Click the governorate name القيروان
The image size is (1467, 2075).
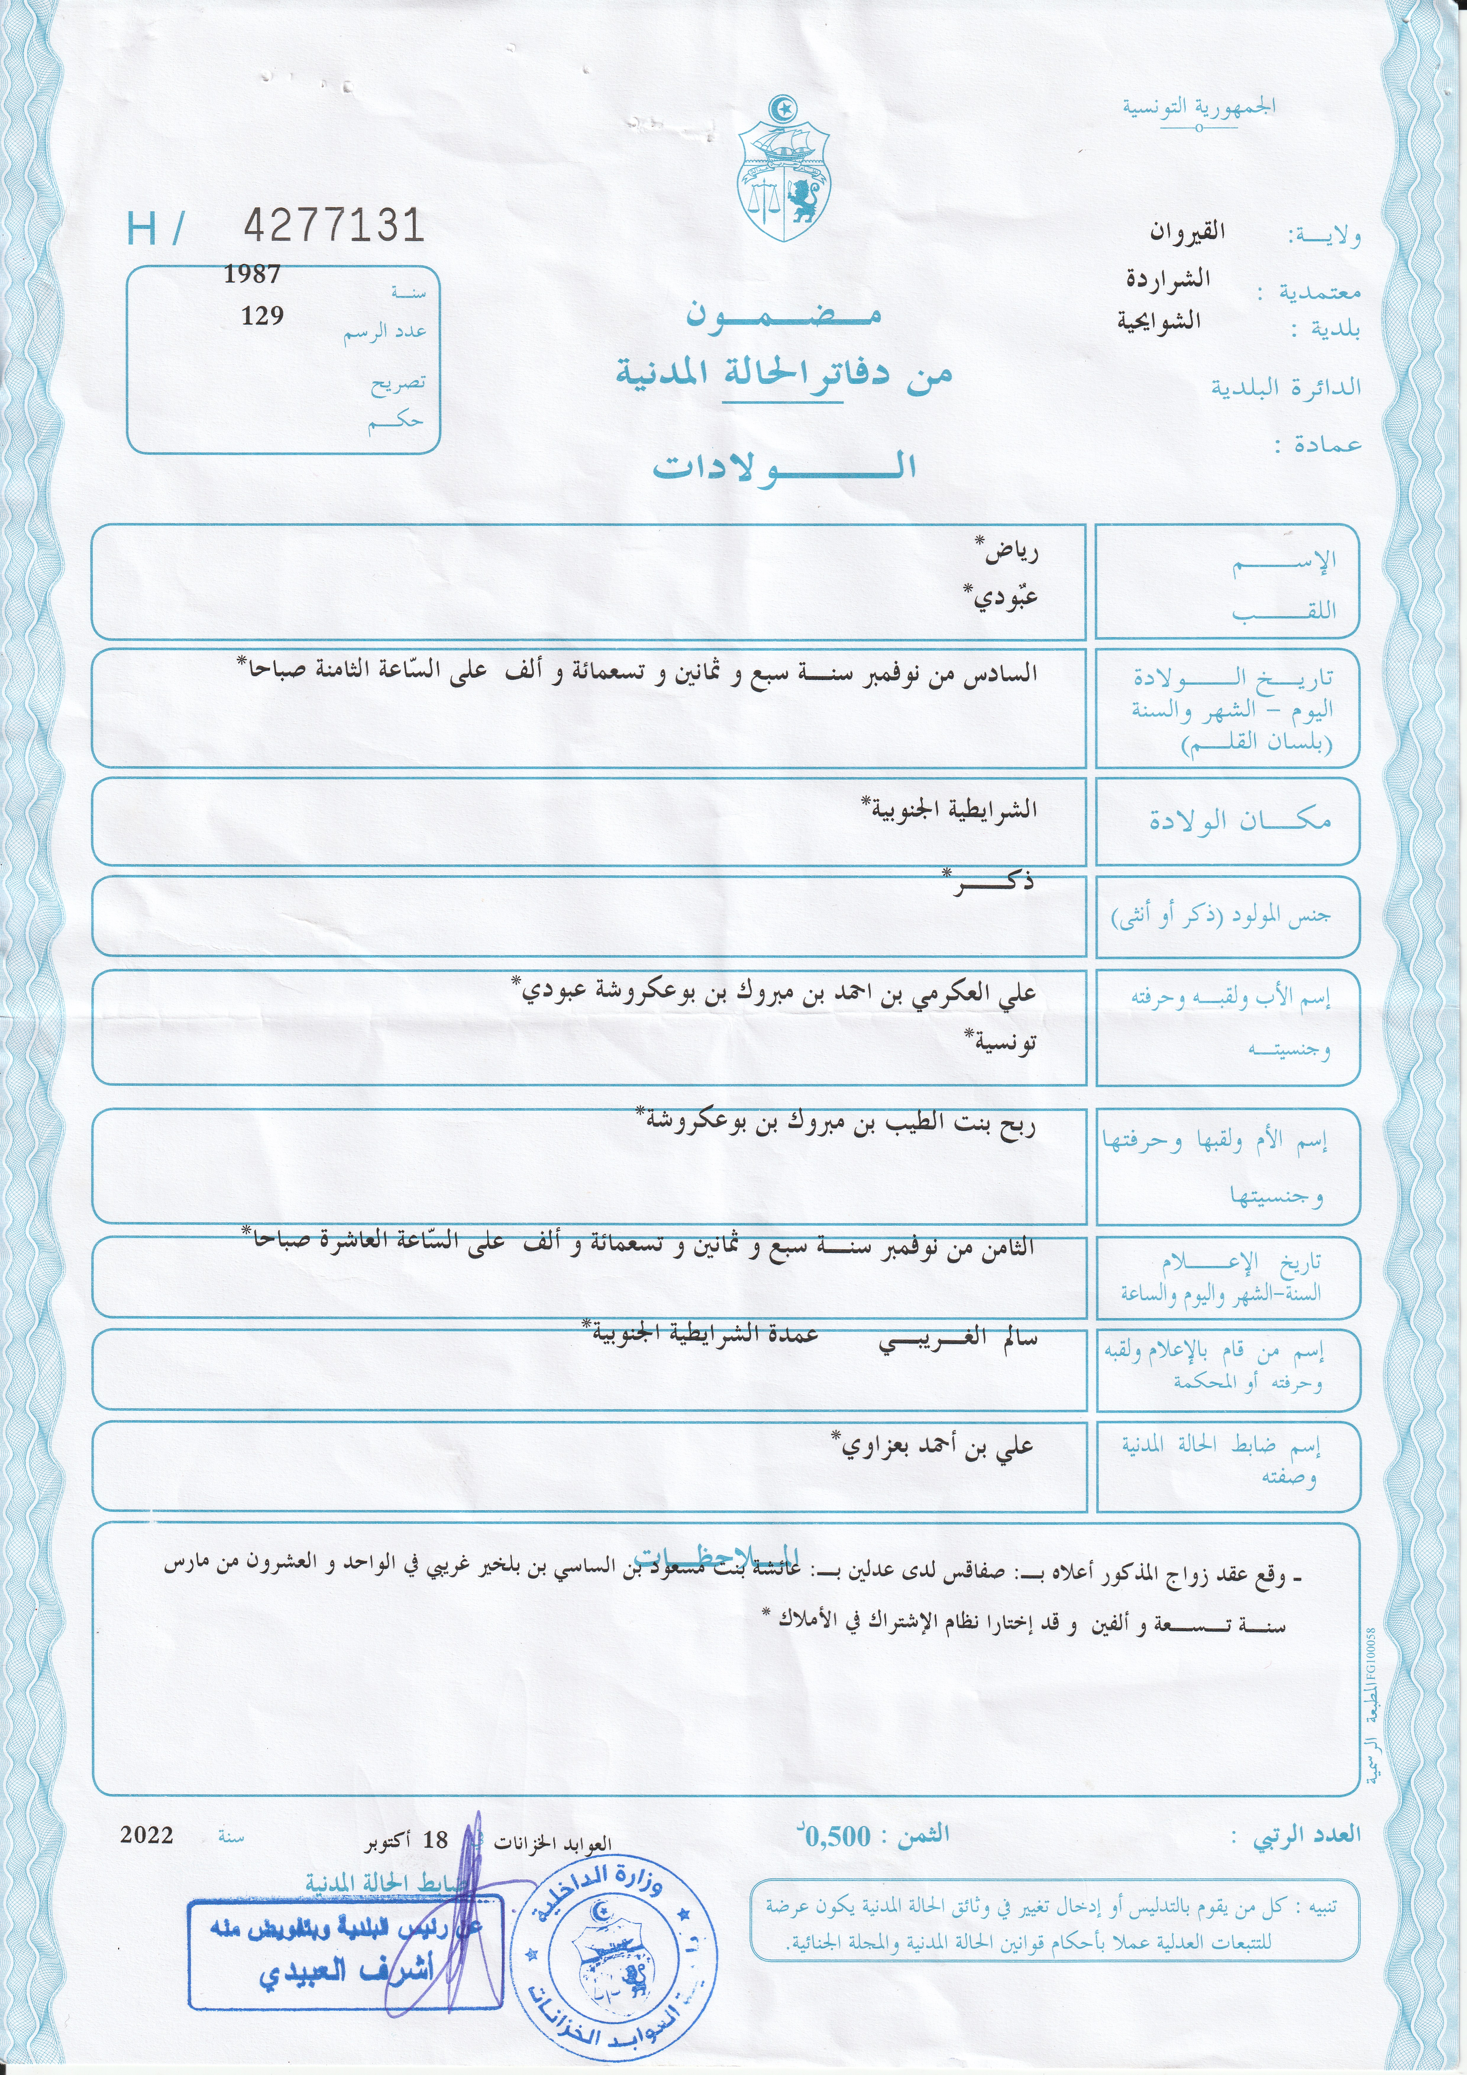tap(1187, 232)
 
